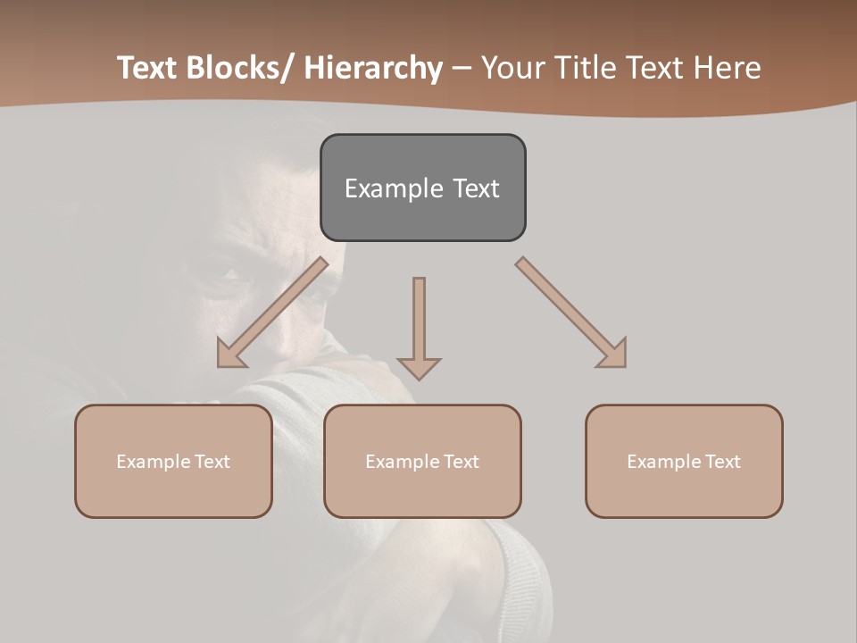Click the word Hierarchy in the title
click(x=374, y=69)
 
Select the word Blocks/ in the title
click(x=242, y=69)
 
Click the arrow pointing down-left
click(x=272, y=313)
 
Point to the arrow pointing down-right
click(x=571, y=313)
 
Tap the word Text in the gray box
click(x=476, y=188)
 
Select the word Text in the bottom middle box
click(x=461, y=462)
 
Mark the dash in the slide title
click(x=462, y=69)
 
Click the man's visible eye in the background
click(x=225, y=272)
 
